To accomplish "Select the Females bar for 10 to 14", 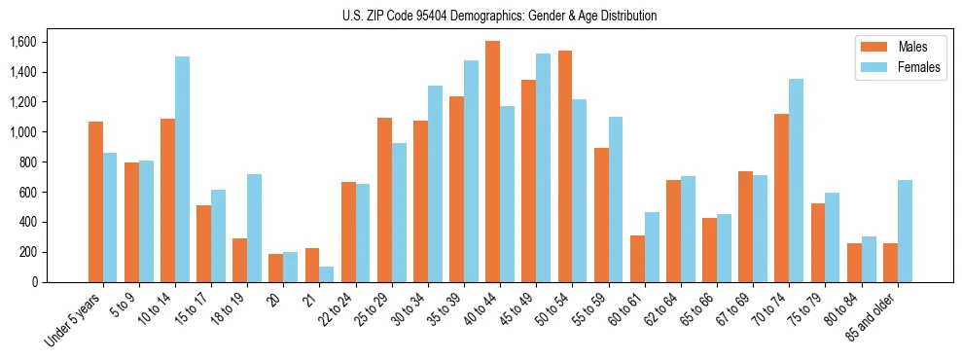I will point(182,169).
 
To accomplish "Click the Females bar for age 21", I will point(327,274).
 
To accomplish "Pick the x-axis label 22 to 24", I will point(337,310).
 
